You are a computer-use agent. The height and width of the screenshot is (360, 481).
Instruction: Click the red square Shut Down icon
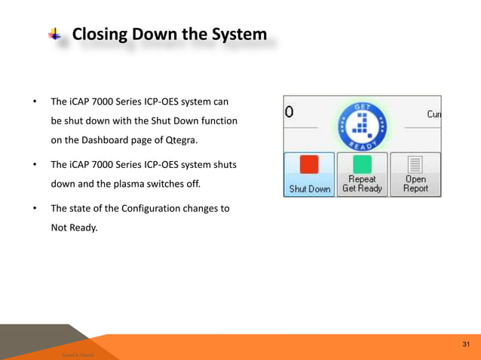309,165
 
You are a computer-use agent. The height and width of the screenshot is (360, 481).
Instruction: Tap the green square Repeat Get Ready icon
362,165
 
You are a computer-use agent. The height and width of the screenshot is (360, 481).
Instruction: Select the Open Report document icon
415,165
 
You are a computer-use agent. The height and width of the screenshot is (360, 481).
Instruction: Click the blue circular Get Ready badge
362,124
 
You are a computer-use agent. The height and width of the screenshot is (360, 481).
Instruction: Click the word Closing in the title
101,35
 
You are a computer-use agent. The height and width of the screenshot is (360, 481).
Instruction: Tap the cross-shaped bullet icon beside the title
56,34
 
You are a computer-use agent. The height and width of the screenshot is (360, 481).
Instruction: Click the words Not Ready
74,227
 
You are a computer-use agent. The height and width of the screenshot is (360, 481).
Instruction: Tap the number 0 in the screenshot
290,113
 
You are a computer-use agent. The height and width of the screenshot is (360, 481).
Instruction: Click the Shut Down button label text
310,189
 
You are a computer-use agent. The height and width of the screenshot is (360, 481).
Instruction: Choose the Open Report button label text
415,185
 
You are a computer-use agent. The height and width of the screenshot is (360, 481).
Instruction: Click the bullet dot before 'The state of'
34,209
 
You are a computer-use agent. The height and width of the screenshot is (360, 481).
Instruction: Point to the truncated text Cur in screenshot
434,114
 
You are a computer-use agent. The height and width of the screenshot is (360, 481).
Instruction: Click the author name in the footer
73,352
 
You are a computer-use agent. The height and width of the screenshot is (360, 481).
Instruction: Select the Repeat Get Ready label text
362,185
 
